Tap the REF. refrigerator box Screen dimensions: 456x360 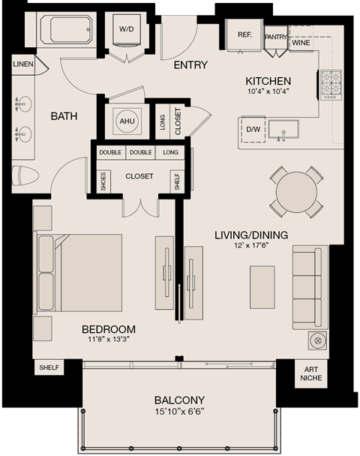coord(244,35)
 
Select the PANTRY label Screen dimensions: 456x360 coord(276,36)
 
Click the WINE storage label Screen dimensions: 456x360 coord(301,43)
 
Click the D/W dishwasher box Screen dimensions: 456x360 coord(253,129)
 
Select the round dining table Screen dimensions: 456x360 coord(296,192)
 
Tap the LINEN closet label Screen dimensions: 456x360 coord(23,64)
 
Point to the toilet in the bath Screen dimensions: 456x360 coord(25,175)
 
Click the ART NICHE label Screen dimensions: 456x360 coord(310,372)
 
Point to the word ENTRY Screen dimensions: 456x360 coord(190,65)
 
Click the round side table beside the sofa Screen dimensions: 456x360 coord(316,340)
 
